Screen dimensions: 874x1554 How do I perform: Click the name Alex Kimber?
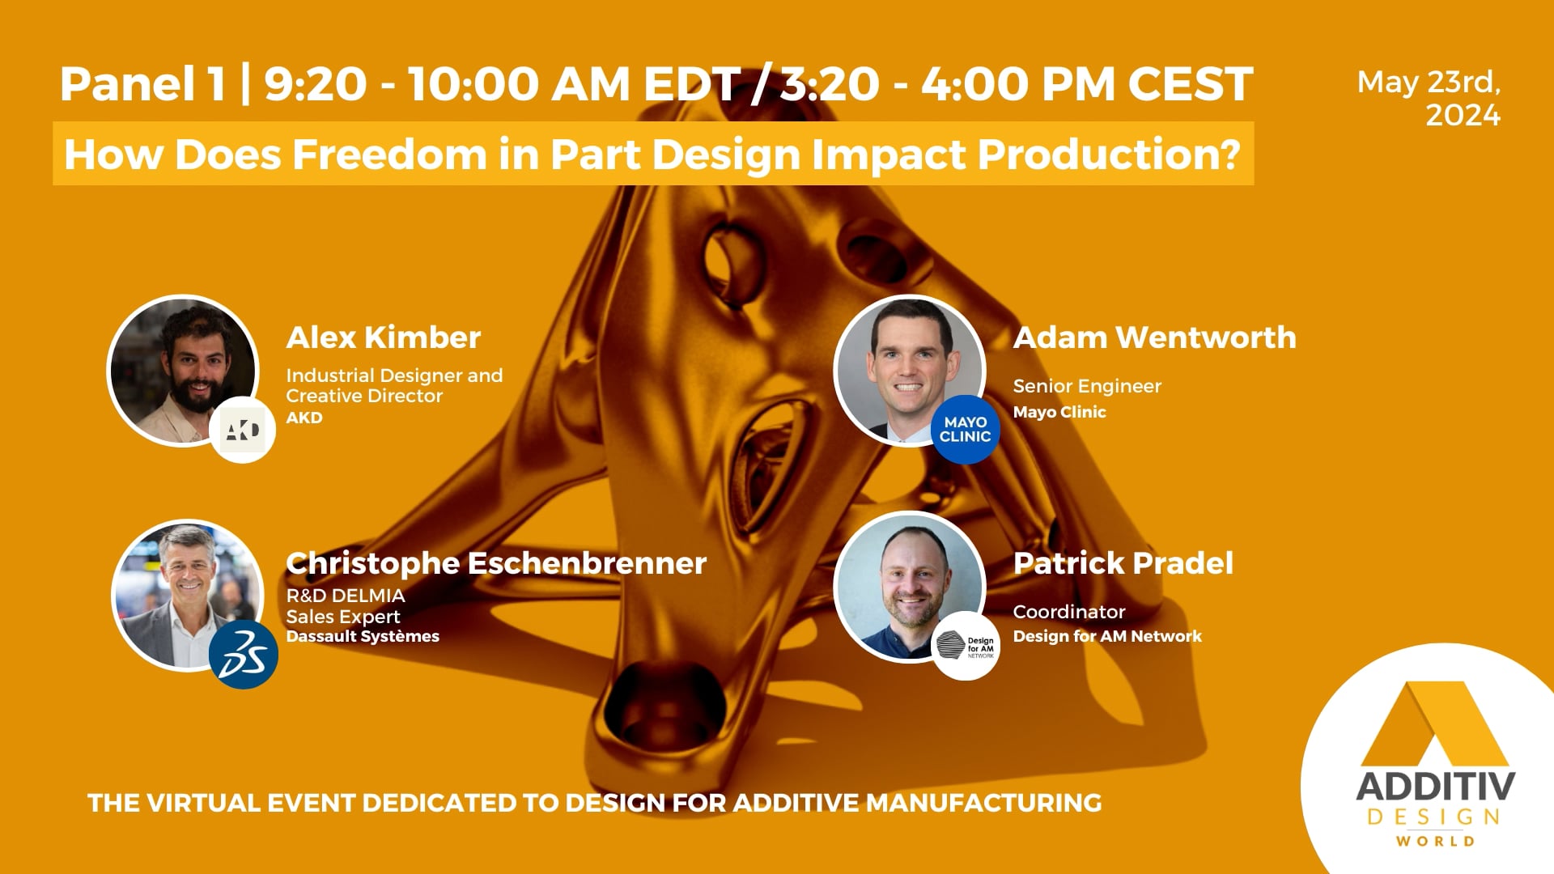click(x=383, y=337)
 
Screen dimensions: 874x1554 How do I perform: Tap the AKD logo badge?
click(x=243, y=430)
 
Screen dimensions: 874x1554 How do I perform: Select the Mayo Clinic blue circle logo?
click(x=965, y=429)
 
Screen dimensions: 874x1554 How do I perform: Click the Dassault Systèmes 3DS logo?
click(x=244, y=654)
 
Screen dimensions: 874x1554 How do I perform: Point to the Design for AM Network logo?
click(x=966, y=646)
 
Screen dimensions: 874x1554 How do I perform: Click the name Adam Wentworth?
click(x=1154, y=337)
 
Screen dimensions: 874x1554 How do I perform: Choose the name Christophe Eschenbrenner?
click(x=496, y=563)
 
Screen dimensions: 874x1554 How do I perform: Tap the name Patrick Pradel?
click(x=1123, y=563)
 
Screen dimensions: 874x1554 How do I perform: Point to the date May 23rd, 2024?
click(x=1429, y=99)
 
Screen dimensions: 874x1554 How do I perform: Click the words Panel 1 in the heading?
click(x=142, y=84)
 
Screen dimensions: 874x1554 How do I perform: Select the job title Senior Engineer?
click(x=1087, y=386)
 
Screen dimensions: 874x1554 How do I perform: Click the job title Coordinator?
click(x=1069, y=612)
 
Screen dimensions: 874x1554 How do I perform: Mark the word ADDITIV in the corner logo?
click(x=1435, y=787)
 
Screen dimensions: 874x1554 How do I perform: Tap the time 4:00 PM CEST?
click(x=1087, y=84)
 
